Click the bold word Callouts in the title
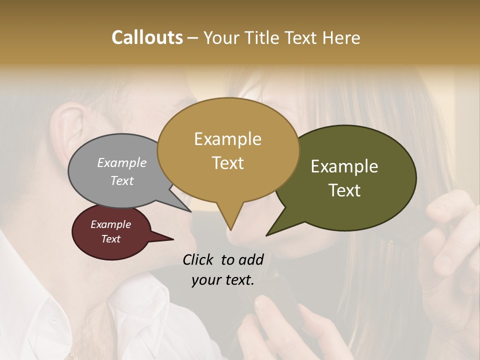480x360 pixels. [x=147, y=37]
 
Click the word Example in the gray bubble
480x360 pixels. [x=121, y=163]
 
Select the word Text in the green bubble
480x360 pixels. [x=345, y=190]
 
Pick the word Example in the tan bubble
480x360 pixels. [x=227, y=139]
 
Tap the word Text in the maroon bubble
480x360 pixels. [x=110, y=239]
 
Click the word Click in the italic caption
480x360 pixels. [x=198, y=259]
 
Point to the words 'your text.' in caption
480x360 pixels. [x=222, y=280]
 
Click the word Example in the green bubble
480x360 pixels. [x=344, y=166]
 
